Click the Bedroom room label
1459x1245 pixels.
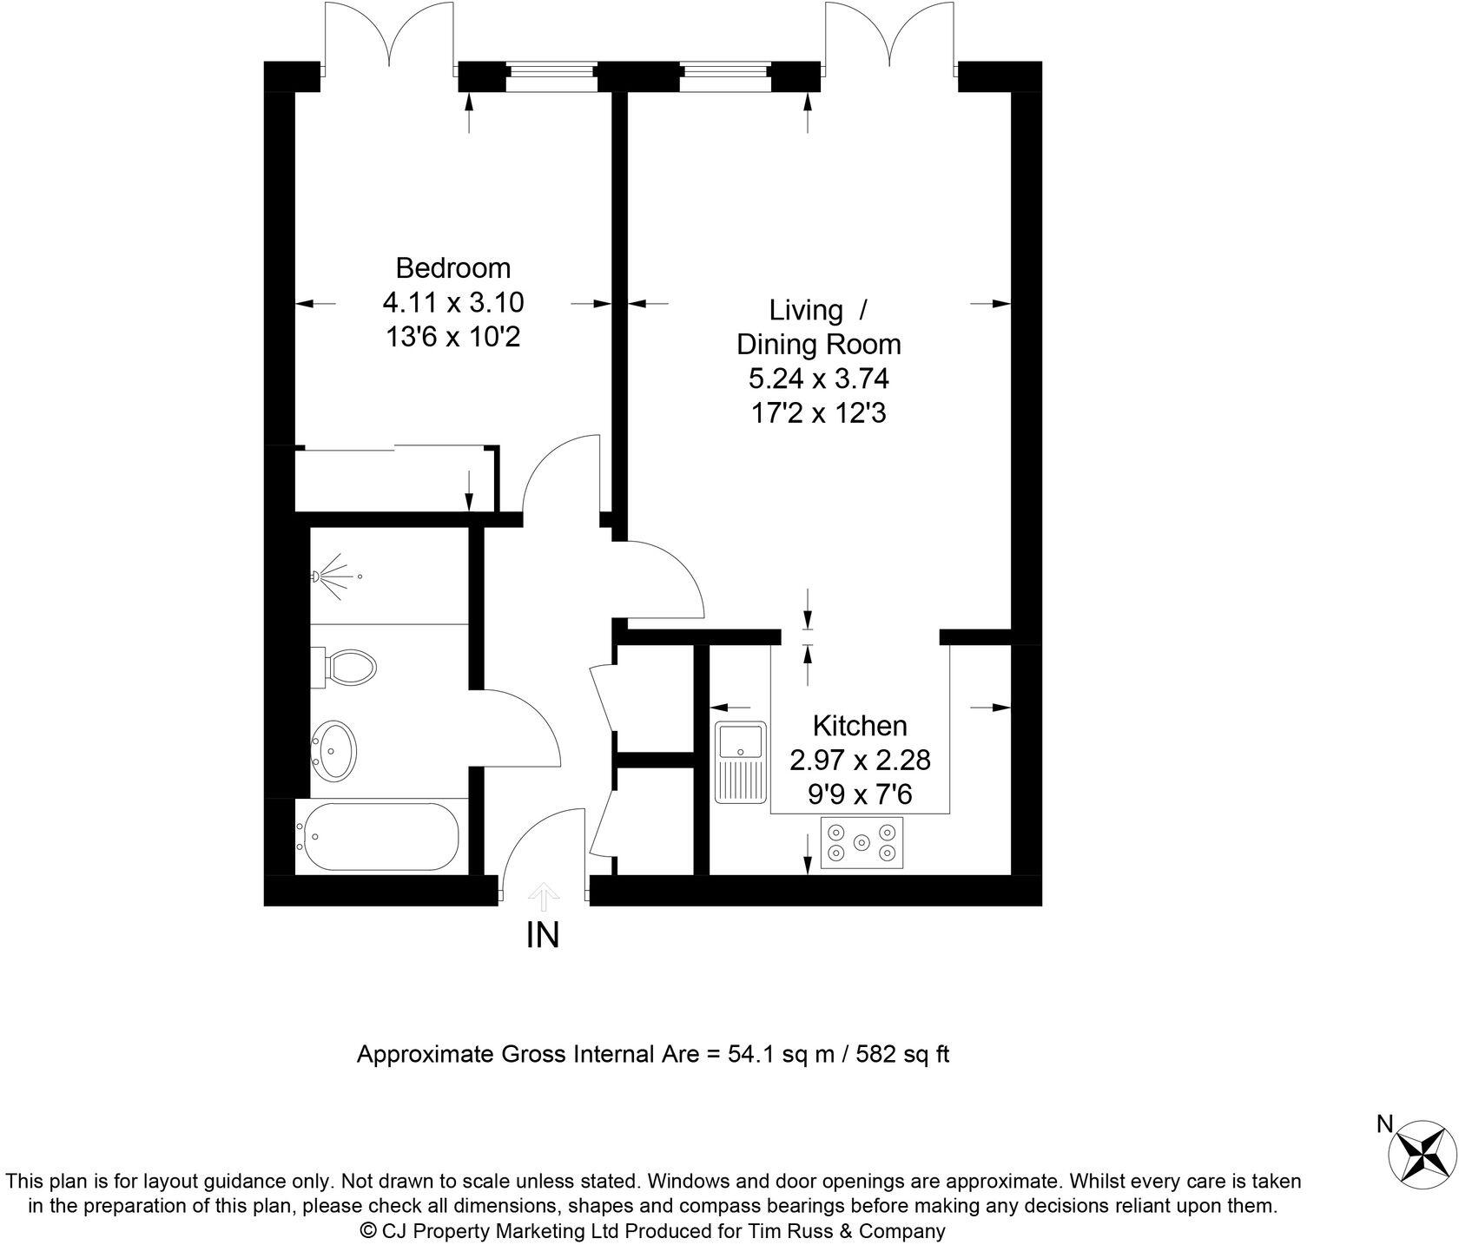452,267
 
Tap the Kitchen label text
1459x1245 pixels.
859,725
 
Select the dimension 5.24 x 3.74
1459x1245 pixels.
818,379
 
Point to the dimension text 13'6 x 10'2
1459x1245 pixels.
452,337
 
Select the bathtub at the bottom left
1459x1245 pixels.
377,836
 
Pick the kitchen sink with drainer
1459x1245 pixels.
739,761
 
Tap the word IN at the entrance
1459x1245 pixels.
543,935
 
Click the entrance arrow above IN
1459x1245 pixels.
544,895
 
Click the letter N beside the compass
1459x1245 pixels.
1385,1124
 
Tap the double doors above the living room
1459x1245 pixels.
890,39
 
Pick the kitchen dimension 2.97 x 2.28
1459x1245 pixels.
859,760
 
